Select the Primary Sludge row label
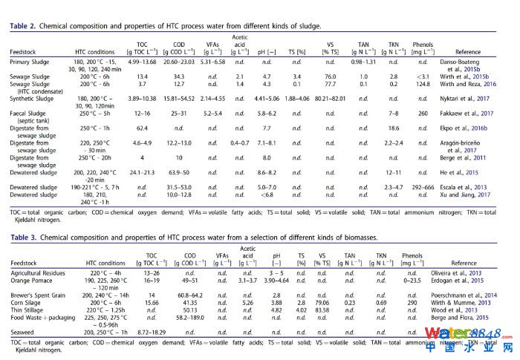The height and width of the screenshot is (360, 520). [32, 62]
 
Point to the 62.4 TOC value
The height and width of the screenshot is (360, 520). [141, 128]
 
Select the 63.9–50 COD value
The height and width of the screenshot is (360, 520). [183, 171]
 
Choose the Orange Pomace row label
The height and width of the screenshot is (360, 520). [33, 282]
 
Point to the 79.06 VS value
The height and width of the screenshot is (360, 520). [323, 303]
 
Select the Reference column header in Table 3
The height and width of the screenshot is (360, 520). [464, 263]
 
